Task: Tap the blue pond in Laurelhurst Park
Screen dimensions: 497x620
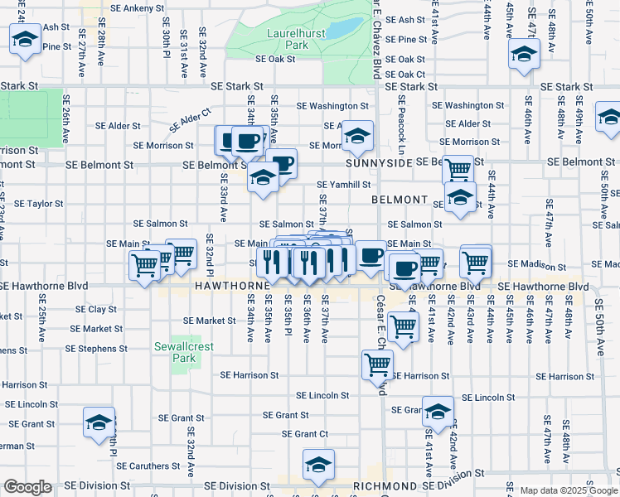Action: coord(341,30)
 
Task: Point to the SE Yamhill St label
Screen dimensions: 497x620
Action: coord(342,185)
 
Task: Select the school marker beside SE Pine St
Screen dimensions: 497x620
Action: coord(26,38)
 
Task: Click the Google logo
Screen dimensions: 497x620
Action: coord(28,487)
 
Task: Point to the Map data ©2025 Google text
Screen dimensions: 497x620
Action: coord(568,490)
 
